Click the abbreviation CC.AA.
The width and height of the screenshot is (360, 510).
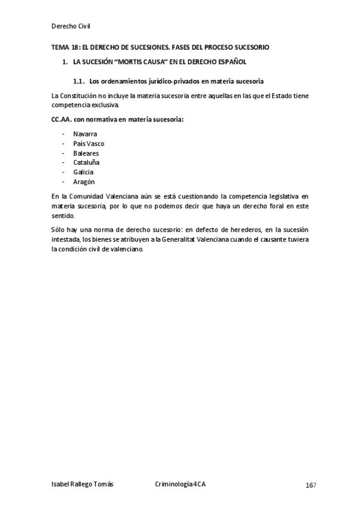(63, 119)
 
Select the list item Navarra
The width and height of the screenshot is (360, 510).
(85, 134)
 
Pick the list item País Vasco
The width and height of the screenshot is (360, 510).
(88, 143)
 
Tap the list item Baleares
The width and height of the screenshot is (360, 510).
(85, 153)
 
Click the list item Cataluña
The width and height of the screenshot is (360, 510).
(86, 162)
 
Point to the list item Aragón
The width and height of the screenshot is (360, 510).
(84, 182)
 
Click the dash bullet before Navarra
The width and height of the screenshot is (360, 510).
(63, 134)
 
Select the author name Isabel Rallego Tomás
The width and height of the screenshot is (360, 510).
(82, 484)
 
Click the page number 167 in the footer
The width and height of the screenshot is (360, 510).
(310, 485)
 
